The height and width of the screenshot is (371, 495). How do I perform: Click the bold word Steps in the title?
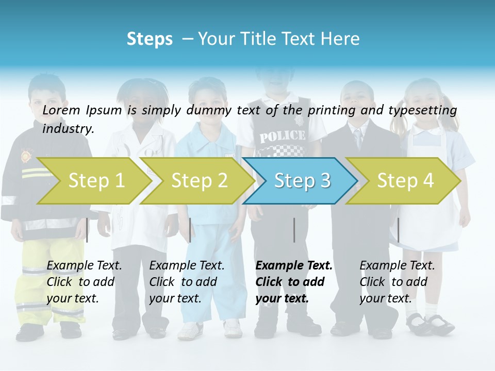pos(150,39)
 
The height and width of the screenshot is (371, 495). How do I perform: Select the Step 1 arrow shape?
pos(93,181)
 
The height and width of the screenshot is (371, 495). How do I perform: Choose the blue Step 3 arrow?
pos(301,181)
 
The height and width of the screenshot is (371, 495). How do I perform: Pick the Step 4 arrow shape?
pos(404,181)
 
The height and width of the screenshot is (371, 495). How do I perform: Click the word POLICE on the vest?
pos(282,137)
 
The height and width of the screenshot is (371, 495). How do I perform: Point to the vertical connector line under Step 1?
pos(87,230)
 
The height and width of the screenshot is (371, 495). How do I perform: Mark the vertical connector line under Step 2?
pos(190,230)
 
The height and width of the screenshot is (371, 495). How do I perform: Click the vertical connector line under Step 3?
pos(294,230)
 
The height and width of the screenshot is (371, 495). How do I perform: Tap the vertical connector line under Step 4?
pos(398,230)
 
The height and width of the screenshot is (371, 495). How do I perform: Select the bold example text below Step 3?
pos(294,282)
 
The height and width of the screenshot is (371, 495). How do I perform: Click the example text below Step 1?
pos(84,282)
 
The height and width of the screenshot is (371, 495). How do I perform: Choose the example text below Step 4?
pos(397,282)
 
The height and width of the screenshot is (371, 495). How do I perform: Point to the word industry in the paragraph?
pos(68,128)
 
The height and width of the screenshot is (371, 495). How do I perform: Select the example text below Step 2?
pos(187,282)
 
